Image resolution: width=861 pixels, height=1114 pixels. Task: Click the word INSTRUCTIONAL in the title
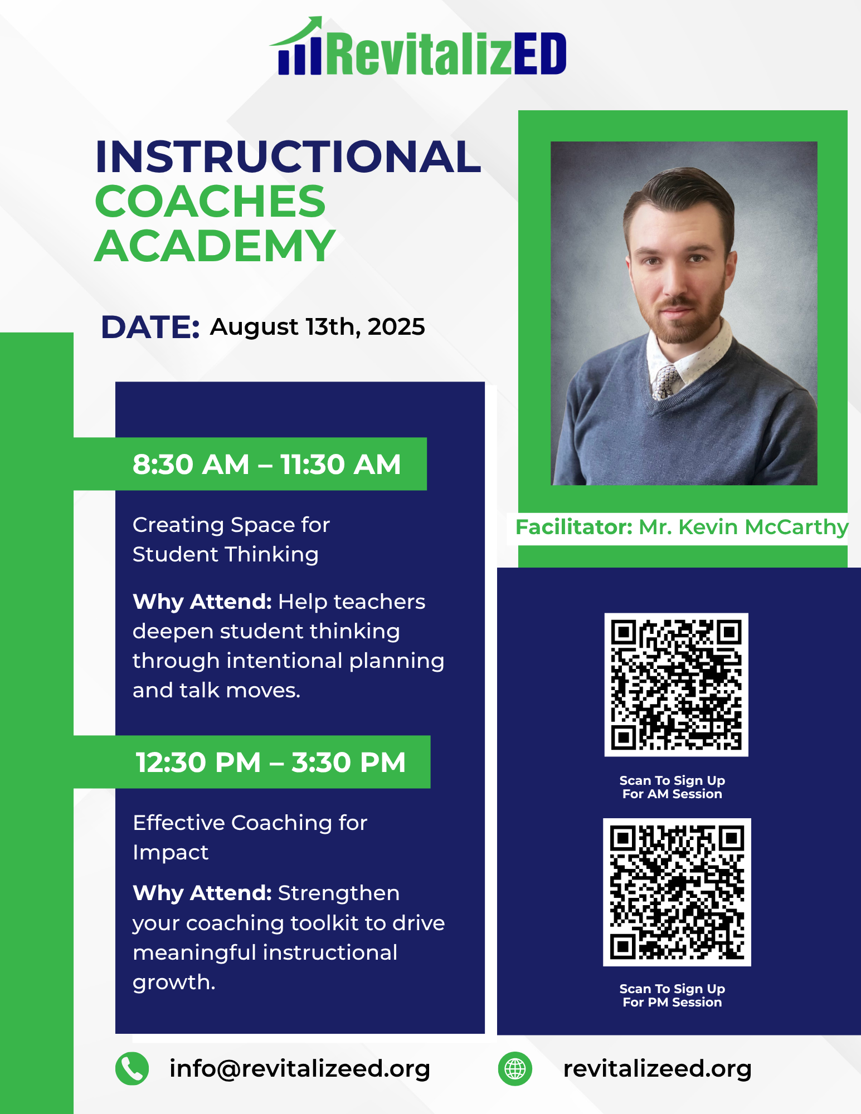[x=288, y=157]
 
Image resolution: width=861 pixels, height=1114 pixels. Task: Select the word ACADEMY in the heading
[x=215, y=246]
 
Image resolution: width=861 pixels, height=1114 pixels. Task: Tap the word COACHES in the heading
[x=210, y=201]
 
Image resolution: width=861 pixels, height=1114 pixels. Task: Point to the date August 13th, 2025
[x=317, y=327]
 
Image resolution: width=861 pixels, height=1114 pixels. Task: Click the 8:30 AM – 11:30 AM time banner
[x=250, y=464]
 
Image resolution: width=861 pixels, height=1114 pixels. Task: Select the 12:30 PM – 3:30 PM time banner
[x=252, y=762]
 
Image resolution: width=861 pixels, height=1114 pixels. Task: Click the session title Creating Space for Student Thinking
[x=231, y=540]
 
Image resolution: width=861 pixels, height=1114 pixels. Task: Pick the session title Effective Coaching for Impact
[x=250, y=837]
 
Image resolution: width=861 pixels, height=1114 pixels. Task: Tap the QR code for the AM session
[x=676, y=685]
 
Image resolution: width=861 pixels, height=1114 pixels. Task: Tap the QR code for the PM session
[x=677, y=892]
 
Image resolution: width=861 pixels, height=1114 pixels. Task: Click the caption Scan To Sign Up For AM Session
[x=672, y=787]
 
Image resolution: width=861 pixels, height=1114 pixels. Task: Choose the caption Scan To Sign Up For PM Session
[x=672, y=995]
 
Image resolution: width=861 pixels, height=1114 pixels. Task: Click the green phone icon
[x=132, y=1069]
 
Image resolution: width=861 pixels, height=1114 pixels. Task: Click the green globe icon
[x=515, y=1069]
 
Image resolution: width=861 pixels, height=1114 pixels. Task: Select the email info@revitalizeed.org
[x=300, y=1069]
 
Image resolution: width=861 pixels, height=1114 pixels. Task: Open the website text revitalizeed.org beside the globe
[x=658, y=1069]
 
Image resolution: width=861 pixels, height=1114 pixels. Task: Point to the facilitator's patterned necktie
[x=665, y=382]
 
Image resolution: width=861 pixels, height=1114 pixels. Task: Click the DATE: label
[x=150, y=327]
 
